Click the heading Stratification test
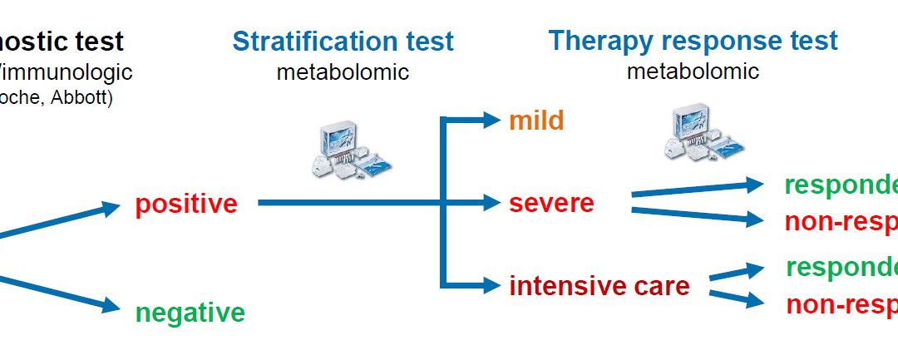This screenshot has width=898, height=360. click(x=343, y=41)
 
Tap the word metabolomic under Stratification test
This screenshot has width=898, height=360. click(x=343, y=72)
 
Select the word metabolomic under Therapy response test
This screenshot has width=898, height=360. click(x=693, y=71)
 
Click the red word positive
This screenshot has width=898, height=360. click(x=186, y=204)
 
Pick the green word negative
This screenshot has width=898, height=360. click(x=190, y=313)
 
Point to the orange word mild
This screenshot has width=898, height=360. click(x=536, y=121)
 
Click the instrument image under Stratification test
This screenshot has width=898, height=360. click(x=344, y=148)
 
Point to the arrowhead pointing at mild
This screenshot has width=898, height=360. click(x=491, y=120)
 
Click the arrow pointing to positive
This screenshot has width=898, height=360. click(x=67, y=222)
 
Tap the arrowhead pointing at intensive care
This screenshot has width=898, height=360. click(x=491, y=286)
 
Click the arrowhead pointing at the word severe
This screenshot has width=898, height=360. click(x=491, y=202)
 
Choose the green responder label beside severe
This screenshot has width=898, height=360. click(x=840, y=185)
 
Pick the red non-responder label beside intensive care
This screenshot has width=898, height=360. click(x=841, y=304)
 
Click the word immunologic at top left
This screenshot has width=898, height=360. click(x=67, y=72)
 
